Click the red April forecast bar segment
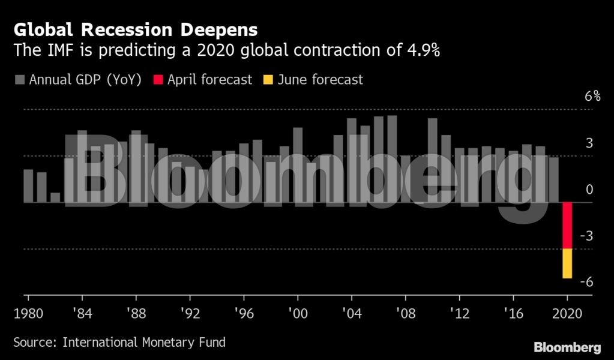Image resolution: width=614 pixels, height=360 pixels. point(567,226)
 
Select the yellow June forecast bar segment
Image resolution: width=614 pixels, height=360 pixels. point(567,263)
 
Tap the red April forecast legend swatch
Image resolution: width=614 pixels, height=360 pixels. point(158,80)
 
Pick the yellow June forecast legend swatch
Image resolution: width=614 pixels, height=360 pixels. point(268,80)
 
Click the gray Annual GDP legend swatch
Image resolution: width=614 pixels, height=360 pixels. point(19,80)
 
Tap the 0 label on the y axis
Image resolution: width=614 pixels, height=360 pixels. point(589,190)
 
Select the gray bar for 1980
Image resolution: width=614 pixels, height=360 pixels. point(28,186)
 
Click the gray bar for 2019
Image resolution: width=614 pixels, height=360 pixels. point(553,179)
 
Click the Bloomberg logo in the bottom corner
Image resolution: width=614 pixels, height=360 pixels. point(567,347)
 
